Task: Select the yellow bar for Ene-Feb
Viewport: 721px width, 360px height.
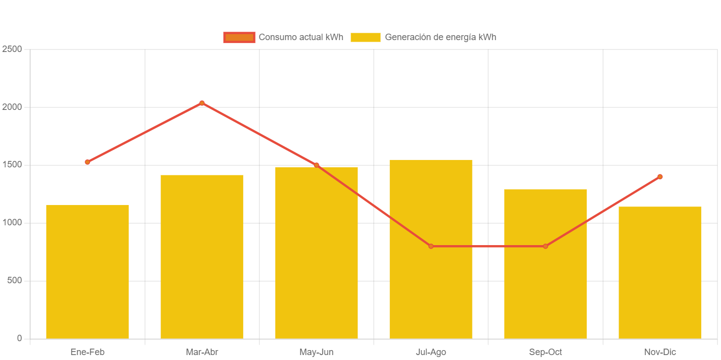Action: tap(87, 272)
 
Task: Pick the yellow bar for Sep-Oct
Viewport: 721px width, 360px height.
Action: tap(545, 297)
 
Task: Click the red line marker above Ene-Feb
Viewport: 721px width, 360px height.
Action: tap(87, 162)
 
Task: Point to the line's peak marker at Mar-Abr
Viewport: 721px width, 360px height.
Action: tap(202, 103)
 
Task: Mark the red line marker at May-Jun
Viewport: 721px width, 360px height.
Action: tap(316, 165)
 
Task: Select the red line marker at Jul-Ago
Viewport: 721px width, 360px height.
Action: tap(431, 246)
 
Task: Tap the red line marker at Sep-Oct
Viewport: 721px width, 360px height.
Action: tap(545, 246)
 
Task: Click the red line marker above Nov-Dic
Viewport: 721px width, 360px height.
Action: tap(660, 176)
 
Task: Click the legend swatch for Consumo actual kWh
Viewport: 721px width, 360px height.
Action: tap(239, 37)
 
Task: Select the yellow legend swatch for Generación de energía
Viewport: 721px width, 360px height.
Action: tap(365, 37)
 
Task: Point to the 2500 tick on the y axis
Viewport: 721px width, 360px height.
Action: tap(12, 49)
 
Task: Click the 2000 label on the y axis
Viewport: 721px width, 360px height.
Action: tap(12, 107)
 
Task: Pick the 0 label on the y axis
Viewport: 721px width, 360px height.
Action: tap(19, 338)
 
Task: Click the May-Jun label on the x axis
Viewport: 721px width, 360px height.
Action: tap(316, 352)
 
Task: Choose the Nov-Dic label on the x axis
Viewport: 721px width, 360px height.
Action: tap(660, 352)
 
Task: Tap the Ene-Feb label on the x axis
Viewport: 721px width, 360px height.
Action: tap(87, 352)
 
